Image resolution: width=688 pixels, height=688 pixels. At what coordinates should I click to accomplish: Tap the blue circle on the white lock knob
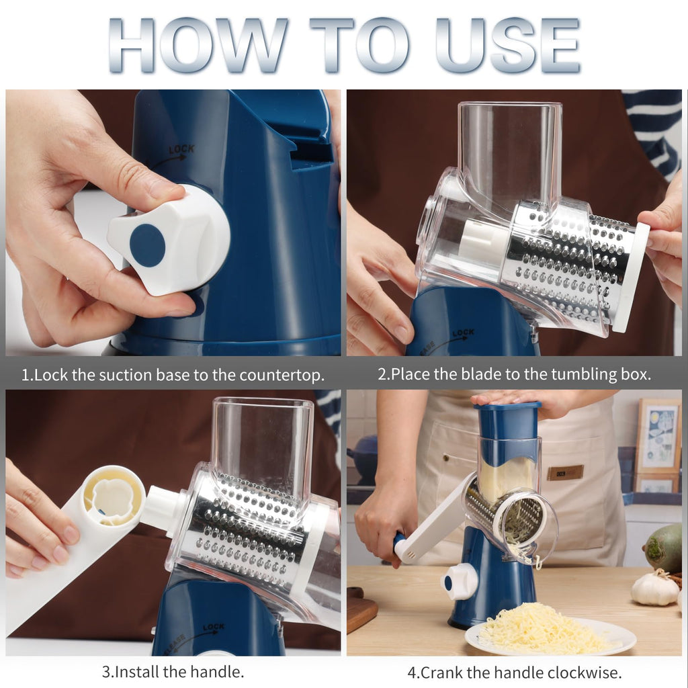147,245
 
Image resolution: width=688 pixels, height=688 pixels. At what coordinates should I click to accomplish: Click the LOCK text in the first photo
181,150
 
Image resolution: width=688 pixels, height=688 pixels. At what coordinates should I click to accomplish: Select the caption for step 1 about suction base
173,374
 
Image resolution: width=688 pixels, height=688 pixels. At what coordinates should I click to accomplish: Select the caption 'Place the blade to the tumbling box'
514,374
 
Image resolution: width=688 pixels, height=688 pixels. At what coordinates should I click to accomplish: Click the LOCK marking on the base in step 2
463,333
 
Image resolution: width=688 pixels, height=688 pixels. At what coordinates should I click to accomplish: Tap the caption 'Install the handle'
173,671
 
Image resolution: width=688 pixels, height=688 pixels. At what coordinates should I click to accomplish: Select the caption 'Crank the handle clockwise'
514,671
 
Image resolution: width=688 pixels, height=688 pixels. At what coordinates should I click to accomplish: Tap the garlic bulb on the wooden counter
655,589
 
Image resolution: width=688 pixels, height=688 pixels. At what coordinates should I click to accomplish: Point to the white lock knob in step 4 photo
460,581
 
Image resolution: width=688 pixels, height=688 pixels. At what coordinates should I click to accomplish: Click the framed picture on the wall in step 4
657,437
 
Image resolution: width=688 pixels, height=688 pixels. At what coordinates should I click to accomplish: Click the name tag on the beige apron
564,472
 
